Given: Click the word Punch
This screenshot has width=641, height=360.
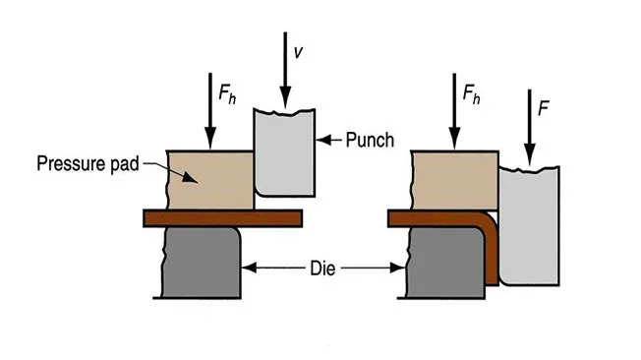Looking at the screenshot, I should click(x=370, y=140).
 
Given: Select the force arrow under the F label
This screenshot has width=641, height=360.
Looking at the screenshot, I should click(x=528, y=128).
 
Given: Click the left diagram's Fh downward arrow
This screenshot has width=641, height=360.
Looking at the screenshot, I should click(x=209, y=112).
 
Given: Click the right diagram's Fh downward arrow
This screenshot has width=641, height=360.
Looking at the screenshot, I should click(x=453, y=110).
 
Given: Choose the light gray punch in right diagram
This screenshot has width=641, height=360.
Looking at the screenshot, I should click(x=531, y=221).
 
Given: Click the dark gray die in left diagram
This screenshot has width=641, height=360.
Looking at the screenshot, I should click(x=200, y=260).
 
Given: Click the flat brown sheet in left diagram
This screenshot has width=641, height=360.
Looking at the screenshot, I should click(x=221, y=216).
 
